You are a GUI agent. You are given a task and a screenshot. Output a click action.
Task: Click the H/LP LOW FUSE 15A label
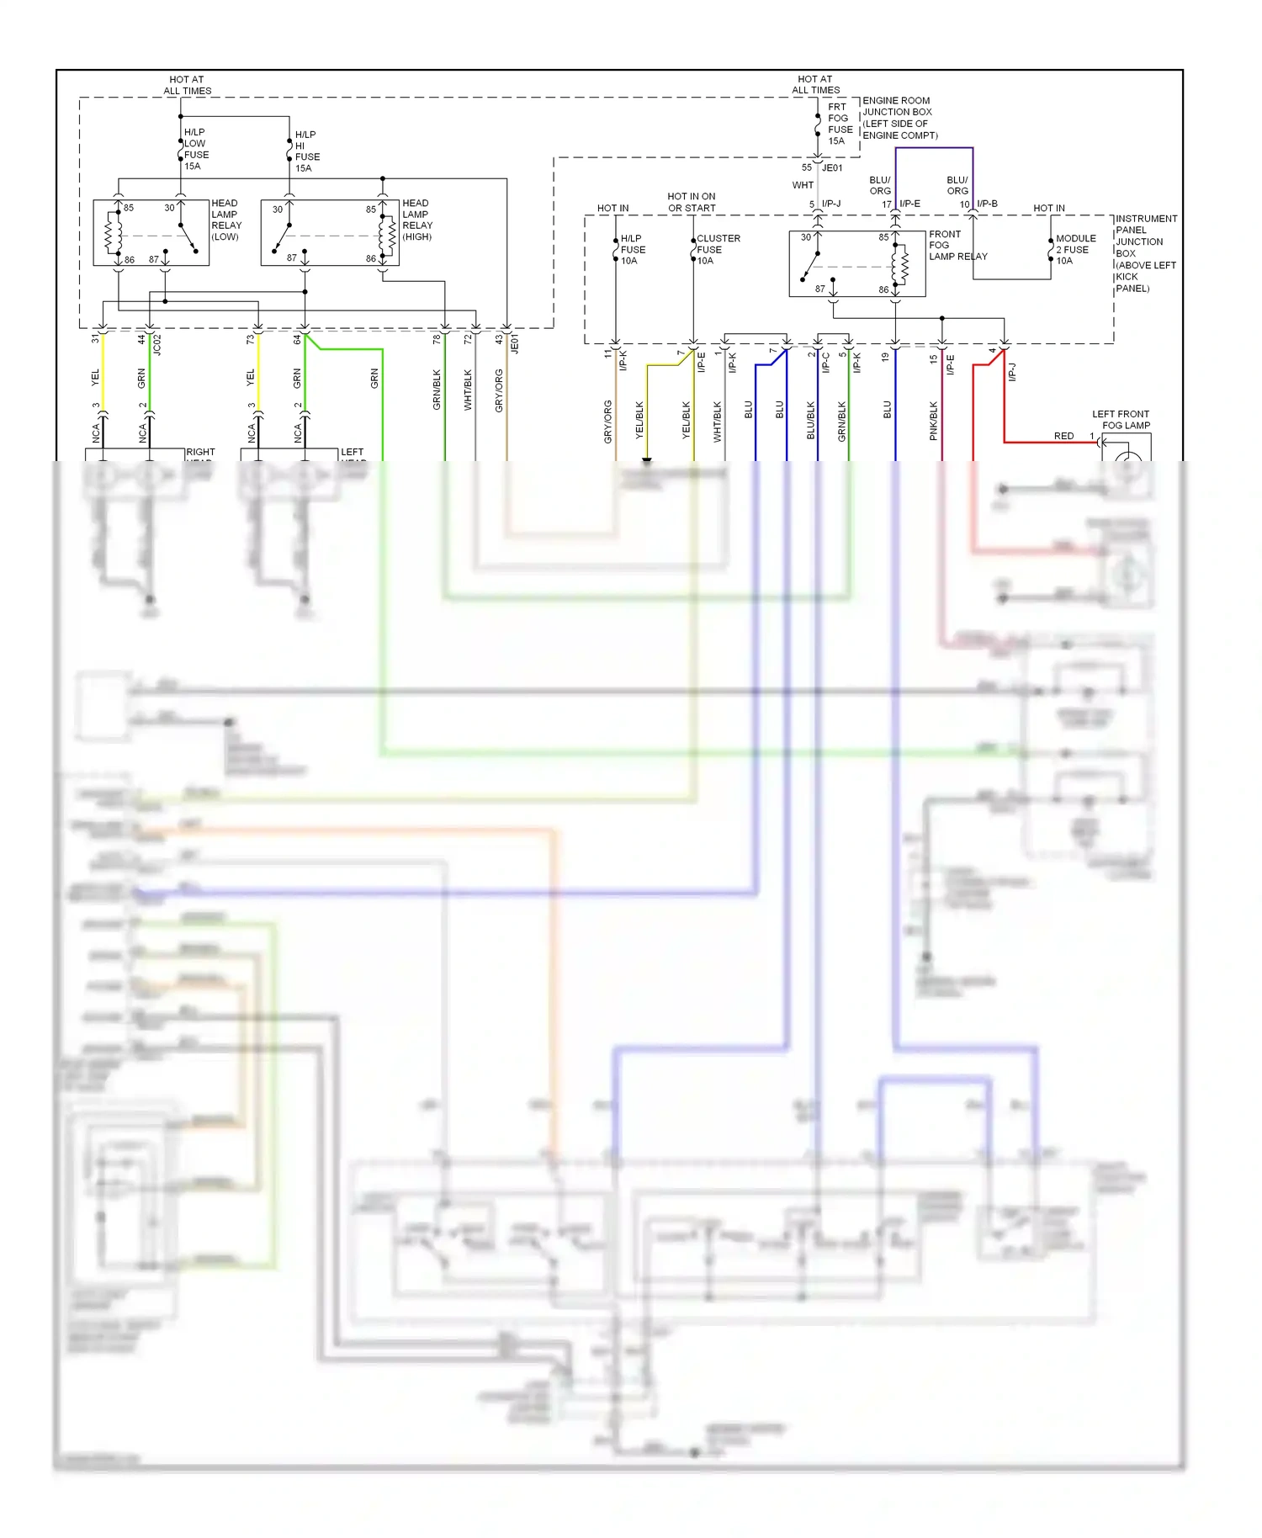(196, 149)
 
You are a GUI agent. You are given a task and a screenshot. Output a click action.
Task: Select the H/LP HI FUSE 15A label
(307, 151)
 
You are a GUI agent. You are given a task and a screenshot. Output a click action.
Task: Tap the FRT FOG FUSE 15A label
(840, 124)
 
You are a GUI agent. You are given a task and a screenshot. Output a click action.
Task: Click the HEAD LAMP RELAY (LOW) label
(225, 220)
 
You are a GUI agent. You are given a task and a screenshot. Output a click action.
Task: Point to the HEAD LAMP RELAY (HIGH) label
(416, 220)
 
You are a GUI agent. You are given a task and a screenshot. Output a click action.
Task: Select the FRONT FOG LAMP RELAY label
(957, 246)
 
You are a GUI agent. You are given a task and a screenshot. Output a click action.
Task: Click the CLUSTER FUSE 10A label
(717, 249)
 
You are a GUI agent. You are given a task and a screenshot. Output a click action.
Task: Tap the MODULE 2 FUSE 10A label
(1074, 249)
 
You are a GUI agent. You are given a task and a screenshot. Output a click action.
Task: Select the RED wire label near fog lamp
(1063, 436)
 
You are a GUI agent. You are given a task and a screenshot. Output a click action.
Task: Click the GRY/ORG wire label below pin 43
(499, 390)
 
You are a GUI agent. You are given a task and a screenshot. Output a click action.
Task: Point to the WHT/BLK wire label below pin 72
(468, 390)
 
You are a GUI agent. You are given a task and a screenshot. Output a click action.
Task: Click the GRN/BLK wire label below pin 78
(437, 390)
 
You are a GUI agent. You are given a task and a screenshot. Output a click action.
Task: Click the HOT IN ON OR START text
(692, 202)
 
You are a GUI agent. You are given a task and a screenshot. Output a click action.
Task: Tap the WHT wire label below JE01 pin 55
(803, 185)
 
